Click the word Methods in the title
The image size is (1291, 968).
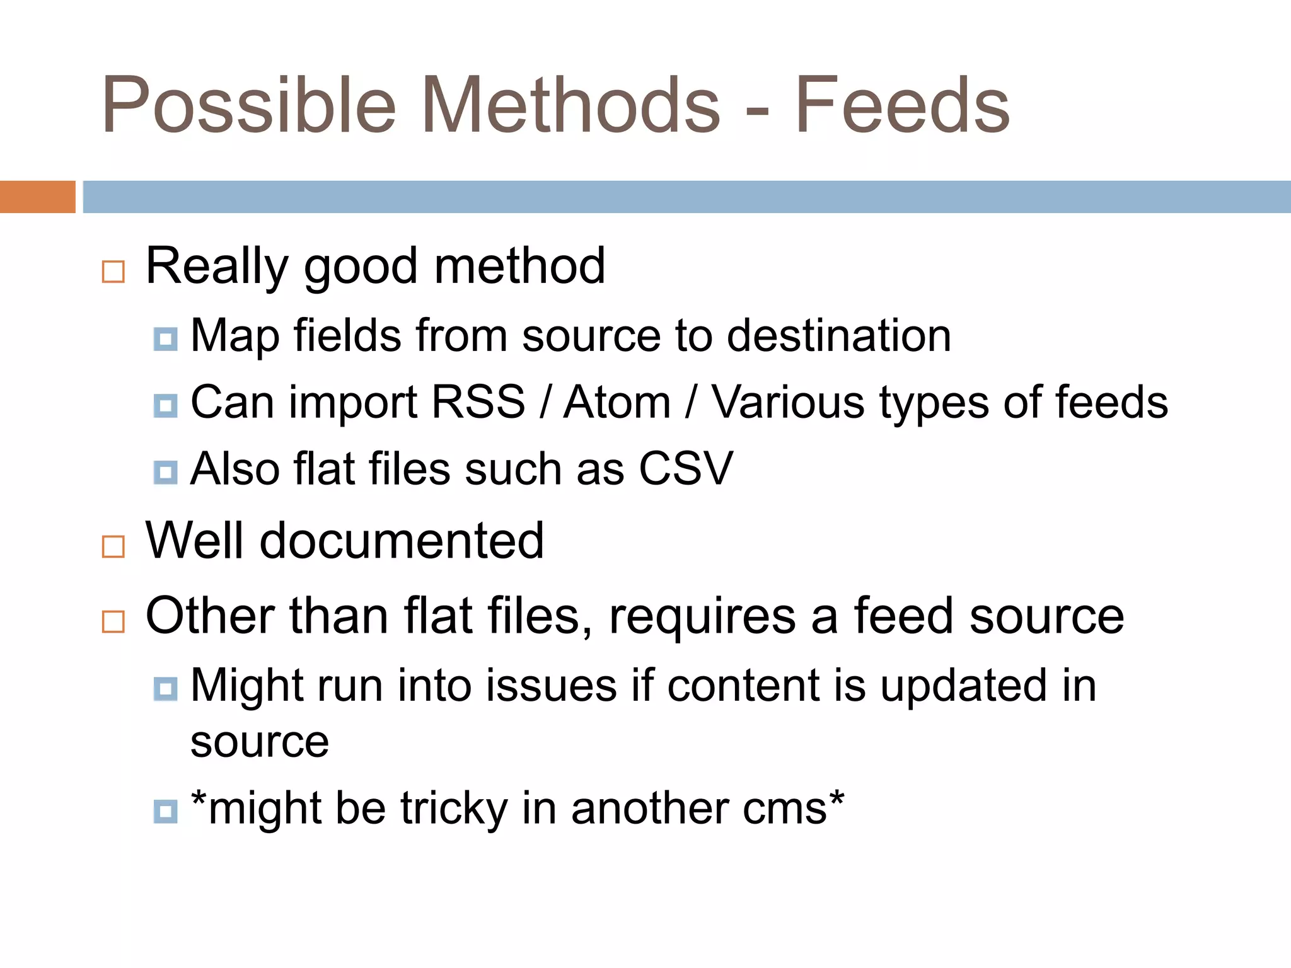pos(570,106)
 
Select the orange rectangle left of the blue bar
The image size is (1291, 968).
pos(37,197)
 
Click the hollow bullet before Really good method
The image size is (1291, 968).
pos(113,272)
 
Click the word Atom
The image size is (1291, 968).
pos(617,402)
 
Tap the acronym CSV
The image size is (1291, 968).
pos(686,469)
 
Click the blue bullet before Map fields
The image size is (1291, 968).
pos(165,340)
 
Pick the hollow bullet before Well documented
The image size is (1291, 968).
pos(113,546)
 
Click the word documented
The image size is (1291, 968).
pos(402,541)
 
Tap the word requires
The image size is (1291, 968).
pos(702,616)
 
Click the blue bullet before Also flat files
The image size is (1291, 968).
pos(165,472)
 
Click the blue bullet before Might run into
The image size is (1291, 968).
pos(165,689)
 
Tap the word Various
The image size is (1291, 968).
pos(788,402)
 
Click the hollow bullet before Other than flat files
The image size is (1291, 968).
pos(113,621)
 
